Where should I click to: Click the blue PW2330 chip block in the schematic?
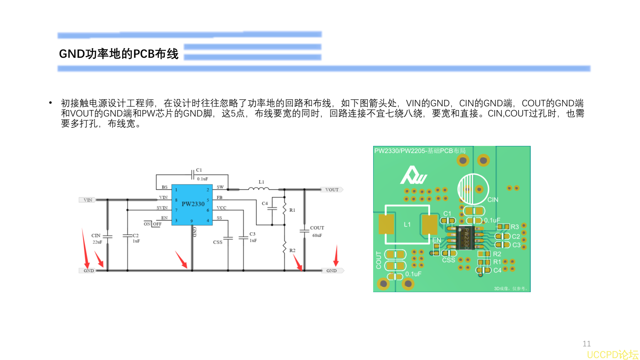click(x=192, y=205)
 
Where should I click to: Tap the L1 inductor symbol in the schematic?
click(x=259, y=188)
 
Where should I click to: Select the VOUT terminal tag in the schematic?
click(x=332, y=190)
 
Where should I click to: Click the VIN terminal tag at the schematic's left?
click(x=88, y=200)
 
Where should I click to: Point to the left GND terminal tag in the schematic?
click(x=89, y=271)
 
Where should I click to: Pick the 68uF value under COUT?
click(x=317, y=235)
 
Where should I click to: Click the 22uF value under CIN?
click(x=97, y=242)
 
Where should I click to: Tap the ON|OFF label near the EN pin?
click(x=153, y=224)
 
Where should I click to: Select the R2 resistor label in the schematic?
click(x=292, y=250)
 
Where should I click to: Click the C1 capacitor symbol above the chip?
click(x=193, y=175)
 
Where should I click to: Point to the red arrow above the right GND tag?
click(x=336, y=256)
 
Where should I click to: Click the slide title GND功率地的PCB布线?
click(x=119, y=54)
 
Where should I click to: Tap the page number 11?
click(x=586, y=344)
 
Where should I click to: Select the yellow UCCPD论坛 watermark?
click(x=612, y=355)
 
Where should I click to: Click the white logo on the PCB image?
click(x=413, y=175)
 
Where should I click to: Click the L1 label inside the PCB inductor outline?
click(x=407, y=224)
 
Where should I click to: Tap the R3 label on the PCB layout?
click(x=515, y=227)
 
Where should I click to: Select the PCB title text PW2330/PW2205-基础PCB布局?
click(x=420, y=151)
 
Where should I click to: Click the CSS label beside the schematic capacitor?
click(x=217, y=242)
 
